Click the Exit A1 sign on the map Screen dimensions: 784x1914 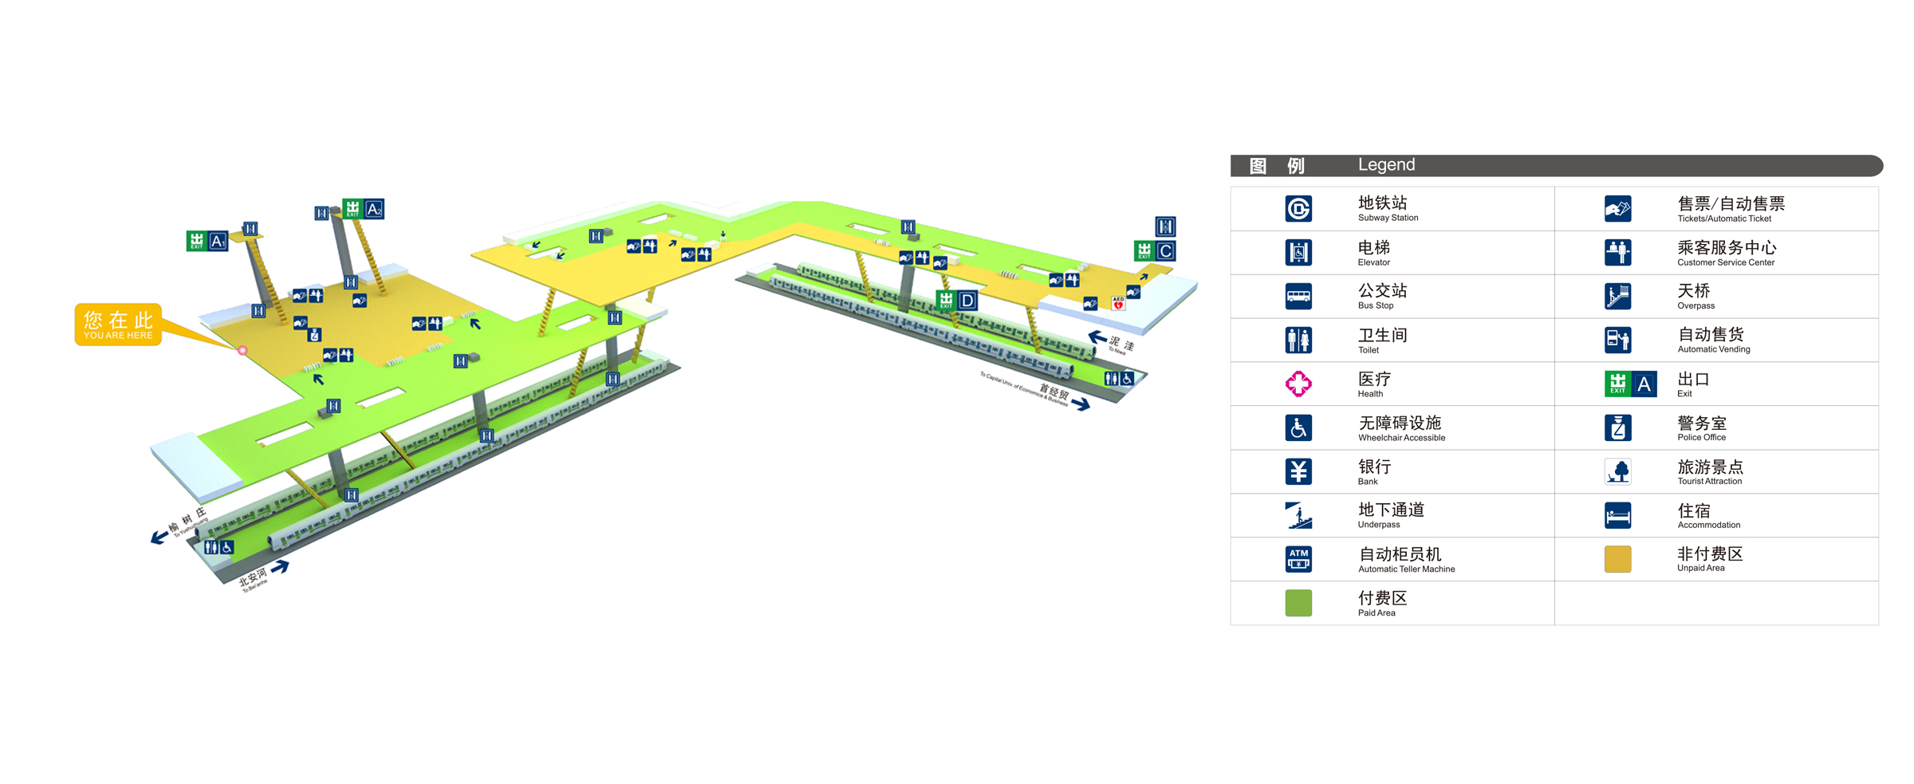coord(207,241)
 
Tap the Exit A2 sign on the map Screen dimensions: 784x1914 coord(364,209)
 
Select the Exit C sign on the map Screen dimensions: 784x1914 coord(1155,251)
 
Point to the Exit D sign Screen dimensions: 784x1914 coord(956,301)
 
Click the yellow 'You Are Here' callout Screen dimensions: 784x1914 coord(118,324)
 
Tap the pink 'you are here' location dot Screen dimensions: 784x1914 coord(242,350)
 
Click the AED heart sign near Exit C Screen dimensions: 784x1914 coord(1118,303)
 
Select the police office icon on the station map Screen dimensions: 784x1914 coord(315,335)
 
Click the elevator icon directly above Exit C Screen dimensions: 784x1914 coord(1165,226)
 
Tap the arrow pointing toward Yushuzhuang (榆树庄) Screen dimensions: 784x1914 coord(159,537)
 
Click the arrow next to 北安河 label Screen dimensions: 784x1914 coord(280,567)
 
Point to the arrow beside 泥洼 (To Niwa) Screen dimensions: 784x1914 coord(1097,337)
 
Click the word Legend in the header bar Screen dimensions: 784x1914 coord(1386,165)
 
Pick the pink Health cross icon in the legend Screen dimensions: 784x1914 coord(1298,384)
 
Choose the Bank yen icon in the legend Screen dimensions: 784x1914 coord(1298,471)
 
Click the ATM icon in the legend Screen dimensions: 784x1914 coord(1298,559)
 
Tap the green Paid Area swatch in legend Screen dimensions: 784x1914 coord(1298,603)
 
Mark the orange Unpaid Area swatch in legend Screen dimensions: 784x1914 coord(1617,559)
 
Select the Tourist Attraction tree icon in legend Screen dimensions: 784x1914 coord(1617,471)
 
